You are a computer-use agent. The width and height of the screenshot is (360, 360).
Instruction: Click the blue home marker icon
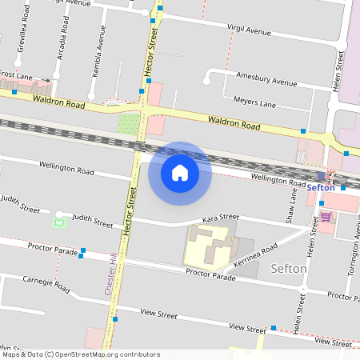point(180,173)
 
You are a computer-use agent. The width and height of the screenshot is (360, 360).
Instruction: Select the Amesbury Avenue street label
point(266,78)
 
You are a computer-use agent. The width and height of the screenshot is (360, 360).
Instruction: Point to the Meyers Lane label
point(254,102)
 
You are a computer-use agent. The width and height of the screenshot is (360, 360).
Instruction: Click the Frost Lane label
point(16,74)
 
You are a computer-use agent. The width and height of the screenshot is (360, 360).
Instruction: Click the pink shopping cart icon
point(326,216)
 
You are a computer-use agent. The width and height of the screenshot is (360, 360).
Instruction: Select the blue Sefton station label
point(320,186)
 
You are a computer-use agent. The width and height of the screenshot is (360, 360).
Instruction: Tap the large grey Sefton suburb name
point(289,269)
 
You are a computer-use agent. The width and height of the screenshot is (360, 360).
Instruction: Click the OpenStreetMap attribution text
point(82,354)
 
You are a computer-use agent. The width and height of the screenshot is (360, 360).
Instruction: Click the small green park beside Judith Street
point(58,221)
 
